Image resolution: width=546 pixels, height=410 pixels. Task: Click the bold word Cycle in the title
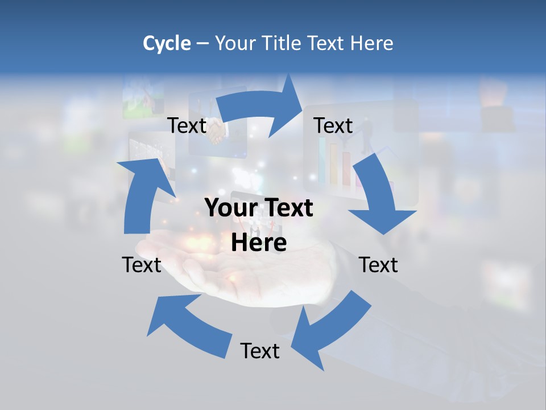(x=167, y=43)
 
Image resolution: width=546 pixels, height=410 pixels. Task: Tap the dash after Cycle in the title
(x=202, y=43)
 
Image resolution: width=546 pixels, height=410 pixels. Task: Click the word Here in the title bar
(x=373, y=43)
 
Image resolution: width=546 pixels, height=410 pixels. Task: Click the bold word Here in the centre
(x=259, y=243)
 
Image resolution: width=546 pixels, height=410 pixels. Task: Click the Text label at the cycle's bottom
(x=260, y=351)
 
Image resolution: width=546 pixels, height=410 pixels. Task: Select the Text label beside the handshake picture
(x=187, y=125)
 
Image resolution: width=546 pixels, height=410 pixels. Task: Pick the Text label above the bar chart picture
(x=333, y=125)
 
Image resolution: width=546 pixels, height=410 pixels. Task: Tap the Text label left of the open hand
(x=142, y=265)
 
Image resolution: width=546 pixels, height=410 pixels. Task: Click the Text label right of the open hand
(x=378, y=265)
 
